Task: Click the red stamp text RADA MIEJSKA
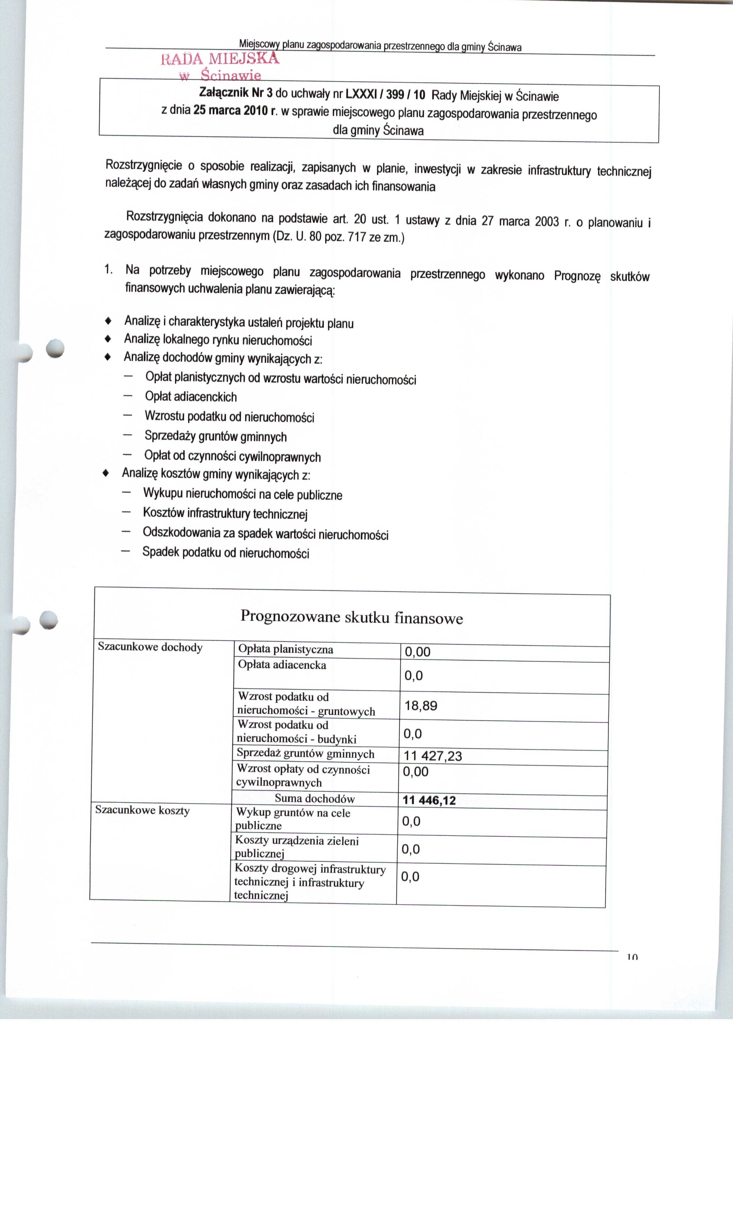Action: [x=220, y=59]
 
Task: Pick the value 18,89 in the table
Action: [x=420, y=706]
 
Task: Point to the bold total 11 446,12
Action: [x=429, y=800]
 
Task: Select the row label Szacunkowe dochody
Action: [x=150, y=647]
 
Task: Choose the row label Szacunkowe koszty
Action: [x=142, y=810]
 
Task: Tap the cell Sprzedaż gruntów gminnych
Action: [x=305, y=754]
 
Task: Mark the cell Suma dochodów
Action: [x=314, y=798]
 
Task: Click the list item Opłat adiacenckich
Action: [x=191, y=397]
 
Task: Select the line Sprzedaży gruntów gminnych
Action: [x=216, y=436]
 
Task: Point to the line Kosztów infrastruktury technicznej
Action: [x=225, y=513]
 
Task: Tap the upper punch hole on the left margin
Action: [x=55, y=348]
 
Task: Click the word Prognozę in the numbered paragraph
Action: [x=577, y=276]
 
